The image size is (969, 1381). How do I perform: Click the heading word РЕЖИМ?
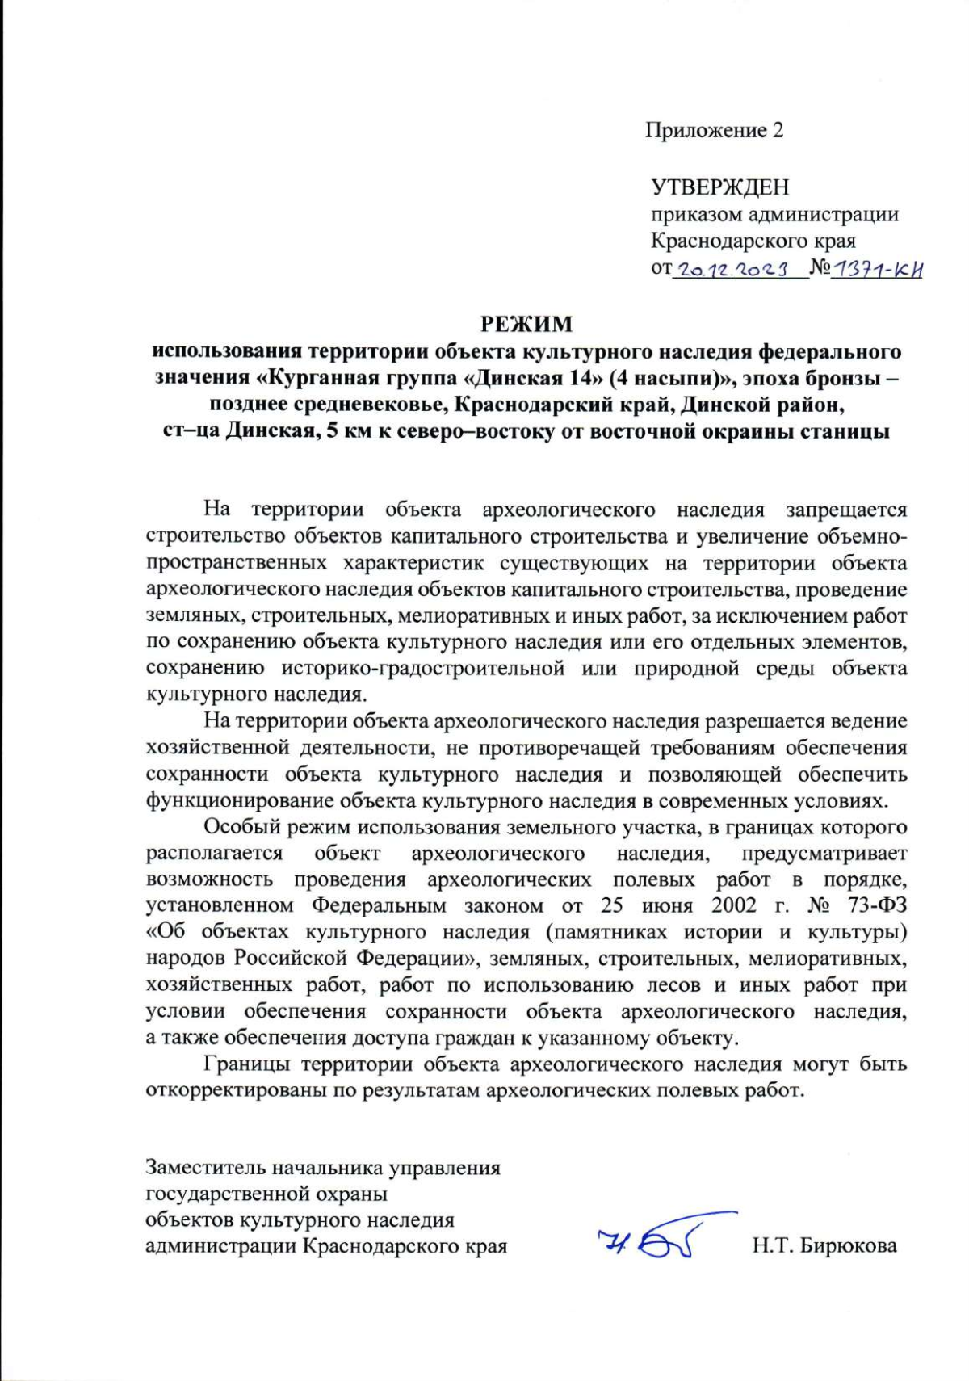pos(526,324)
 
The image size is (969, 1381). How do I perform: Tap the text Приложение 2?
pos(714,130)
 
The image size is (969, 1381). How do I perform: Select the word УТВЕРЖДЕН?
pos(719,187)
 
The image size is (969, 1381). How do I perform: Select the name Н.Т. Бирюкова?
pos(824,1245)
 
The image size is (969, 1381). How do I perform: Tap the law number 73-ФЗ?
pos(877,905)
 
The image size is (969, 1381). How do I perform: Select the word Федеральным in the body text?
pos(379,905)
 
